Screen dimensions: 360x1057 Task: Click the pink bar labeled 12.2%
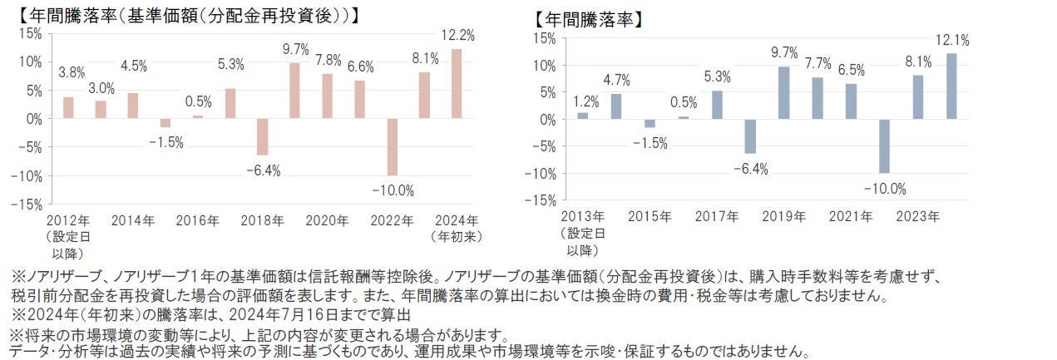click(x=457, y=83)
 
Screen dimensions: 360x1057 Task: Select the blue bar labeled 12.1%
click(x=951, y=86)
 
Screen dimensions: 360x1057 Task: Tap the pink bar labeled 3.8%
click(x=68, y=108)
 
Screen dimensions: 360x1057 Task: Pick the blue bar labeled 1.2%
click(x=582, y=116)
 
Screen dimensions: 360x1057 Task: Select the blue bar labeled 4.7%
click(x=615, y=106)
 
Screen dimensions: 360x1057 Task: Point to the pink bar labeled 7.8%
click(x=327, y=96)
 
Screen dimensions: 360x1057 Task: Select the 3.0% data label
click(x=101, y=88)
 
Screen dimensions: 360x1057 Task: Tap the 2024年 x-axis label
click(x=457, y=220)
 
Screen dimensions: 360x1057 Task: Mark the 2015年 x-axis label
click(x=650, y=216)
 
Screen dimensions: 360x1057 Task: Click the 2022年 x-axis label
click(x=392, y=220)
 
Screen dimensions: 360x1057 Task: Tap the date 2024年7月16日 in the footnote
click(x=271, y=315)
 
